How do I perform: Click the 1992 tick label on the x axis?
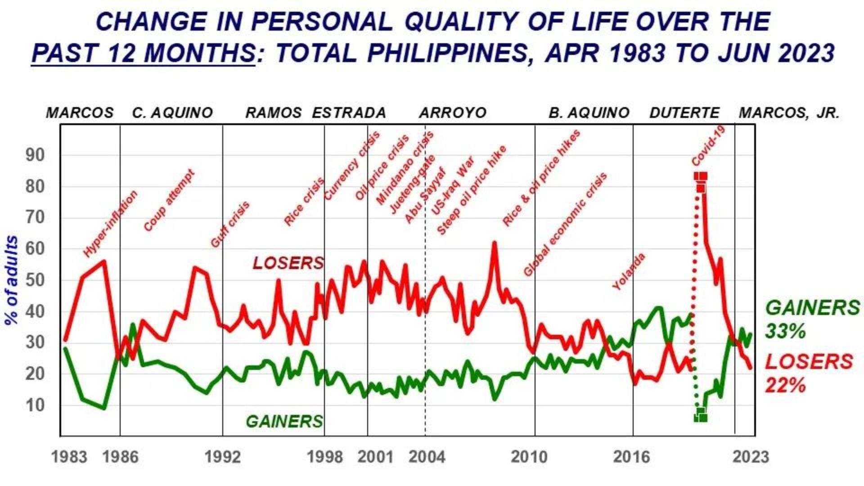click(x=222, y=457)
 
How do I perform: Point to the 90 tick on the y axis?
click(x=35, y=155)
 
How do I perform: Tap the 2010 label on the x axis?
click(x=529, y=457)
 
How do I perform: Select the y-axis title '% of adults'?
click(x=12, y=280)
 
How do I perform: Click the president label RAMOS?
click(x=274, y=112)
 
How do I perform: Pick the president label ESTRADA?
click(x=349, y=112)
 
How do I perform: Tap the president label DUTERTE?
click(x=684, y=112)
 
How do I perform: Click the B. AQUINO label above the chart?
click(x=589, y=112)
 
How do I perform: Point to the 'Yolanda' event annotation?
click(x=629, y=271)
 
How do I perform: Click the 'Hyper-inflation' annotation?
click(x=110, y=224)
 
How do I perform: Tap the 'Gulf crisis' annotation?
click(x=230, y=225)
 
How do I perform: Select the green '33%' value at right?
click(x=785, y=332)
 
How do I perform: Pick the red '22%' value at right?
click(x=785, y=386)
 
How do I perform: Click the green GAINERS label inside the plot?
click(x=284, y=421)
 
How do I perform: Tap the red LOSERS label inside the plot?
click(x=288, y=263)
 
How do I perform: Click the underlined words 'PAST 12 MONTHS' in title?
click(x=144, y=54)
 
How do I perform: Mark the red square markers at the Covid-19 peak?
click(x=701, y=180)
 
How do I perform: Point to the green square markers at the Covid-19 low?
click(x=701, y=415)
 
